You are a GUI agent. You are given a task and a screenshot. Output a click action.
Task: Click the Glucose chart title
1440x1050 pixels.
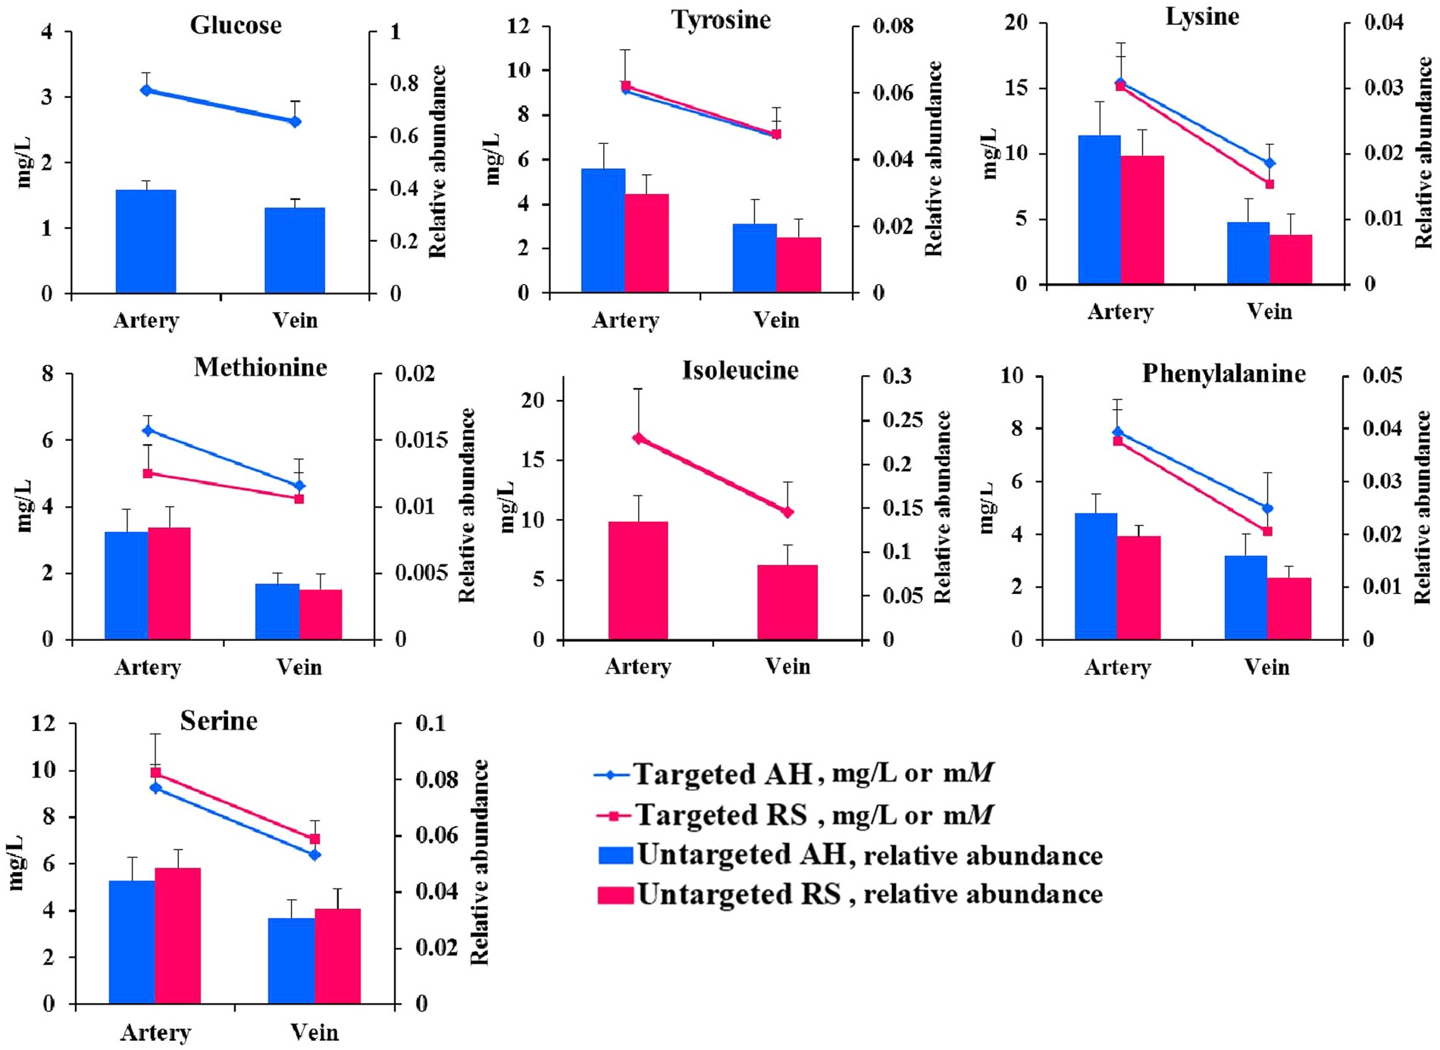[236, 25]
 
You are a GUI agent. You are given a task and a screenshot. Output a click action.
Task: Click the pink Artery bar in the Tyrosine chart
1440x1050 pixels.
[646, 242]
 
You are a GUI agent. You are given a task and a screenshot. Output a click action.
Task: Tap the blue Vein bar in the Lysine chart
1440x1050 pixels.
[1248, 253]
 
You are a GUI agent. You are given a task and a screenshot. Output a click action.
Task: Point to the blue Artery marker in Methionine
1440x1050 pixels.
[148, 430]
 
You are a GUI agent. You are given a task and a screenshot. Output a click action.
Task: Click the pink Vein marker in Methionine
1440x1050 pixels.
[299, 498]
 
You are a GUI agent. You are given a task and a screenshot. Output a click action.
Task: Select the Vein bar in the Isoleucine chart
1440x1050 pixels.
[787, 602]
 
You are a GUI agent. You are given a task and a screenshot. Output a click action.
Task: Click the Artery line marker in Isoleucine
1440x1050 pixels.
[638, 438]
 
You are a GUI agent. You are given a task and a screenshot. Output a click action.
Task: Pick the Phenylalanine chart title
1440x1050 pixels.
[1223, 373]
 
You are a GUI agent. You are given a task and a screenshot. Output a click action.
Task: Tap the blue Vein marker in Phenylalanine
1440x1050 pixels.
[1268, 508]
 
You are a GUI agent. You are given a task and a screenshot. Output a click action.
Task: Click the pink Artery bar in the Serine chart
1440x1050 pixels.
[178, 935]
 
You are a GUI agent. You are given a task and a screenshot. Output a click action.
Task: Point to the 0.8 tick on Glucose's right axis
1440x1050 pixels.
[405, 83]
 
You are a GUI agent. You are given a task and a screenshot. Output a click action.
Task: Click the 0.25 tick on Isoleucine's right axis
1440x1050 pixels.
[903, 420]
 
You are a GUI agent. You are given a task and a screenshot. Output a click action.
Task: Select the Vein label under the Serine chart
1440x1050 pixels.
[314, 1032]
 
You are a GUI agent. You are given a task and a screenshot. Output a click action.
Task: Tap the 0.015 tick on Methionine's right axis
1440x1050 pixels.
[421, 440]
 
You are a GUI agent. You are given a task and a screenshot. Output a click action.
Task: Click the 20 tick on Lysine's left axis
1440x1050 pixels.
[1016, 23]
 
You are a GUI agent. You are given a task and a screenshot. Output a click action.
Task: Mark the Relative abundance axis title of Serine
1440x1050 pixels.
[480, 861]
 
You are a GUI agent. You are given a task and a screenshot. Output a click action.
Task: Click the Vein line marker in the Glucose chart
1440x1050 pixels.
[296, 121]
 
